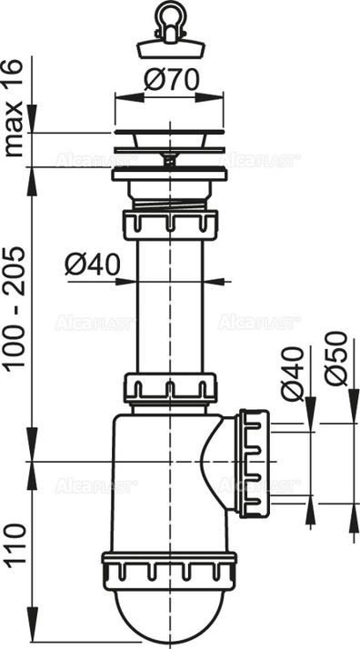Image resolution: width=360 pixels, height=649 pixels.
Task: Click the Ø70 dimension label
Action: tap(169, 81)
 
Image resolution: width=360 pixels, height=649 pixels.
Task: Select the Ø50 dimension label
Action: tap(337, 358)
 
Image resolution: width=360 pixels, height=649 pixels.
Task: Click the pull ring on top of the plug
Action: tap(168, 17)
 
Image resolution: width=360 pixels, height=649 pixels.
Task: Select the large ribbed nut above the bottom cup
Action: tap(168, 567)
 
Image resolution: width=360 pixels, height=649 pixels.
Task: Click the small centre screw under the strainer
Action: tap(168, 158)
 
